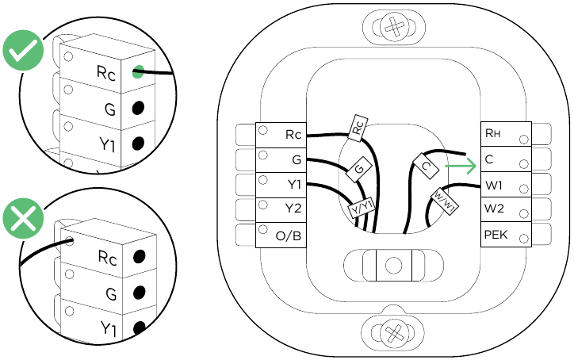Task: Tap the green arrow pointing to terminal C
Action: pyautogui.click(x=461, y=167)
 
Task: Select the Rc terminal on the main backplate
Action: pyautogui.click(x=293, y=135)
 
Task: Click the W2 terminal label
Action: pyautogui.click(x=494, y=210)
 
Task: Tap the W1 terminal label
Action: pyautogui.click(x=494, y=186)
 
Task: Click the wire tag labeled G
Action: pyautogui.click(x=359, y=169)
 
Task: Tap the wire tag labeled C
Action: pyautogui.click(x=426, y=167)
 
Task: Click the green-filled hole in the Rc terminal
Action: pyautogui.click(x=138, y=73)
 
